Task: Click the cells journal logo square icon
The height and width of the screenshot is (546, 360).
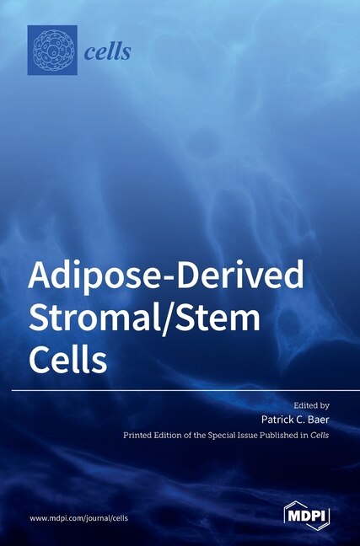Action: click(53, 51)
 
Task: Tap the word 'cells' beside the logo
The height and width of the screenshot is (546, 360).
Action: click(108, 52)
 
